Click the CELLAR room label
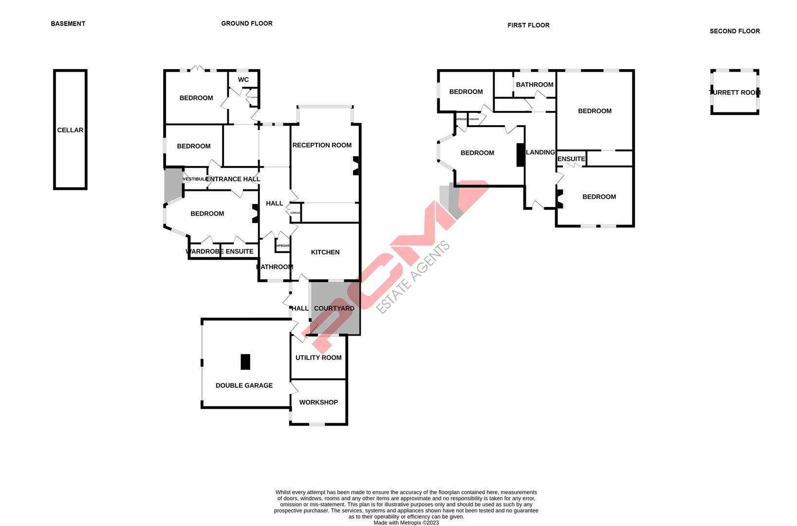point(70,130)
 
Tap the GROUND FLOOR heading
point(247,23)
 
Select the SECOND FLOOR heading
point(735,31)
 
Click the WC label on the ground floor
point(243,80)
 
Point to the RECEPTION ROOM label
point(322,145)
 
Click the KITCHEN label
point(325,252)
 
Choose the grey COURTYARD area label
point(334,308)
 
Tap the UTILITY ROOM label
point(318,357)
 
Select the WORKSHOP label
point(318,402)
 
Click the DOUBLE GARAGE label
point(244,385)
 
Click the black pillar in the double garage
point(245,361)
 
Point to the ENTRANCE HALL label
point(233,179)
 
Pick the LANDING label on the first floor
point(540,152)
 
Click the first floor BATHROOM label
point(535,85)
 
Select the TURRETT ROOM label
point(735,93)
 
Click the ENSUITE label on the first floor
point(571,159)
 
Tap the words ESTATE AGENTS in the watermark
point(414,278)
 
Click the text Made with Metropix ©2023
point(406,523)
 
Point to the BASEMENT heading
point(68,23)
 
